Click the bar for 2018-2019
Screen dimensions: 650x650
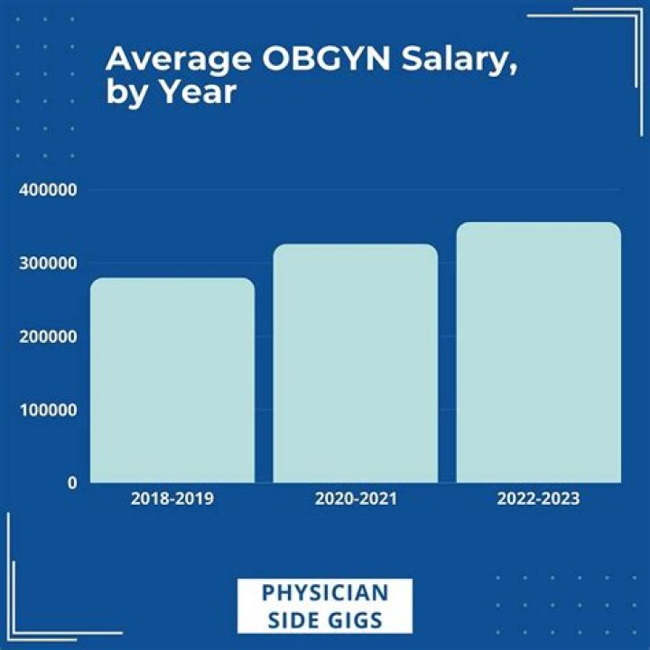[172, 380]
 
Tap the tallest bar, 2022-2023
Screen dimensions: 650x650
[538, 352]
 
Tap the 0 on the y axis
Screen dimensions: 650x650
[71, 483]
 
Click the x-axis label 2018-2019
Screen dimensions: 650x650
[172, 498]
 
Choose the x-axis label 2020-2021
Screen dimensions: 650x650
[355, 498]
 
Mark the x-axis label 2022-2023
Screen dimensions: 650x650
[538, 498]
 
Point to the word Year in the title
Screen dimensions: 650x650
[195, 93]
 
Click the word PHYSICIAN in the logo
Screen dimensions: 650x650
[325, 593]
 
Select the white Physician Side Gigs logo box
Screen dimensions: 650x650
[325, 606]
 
